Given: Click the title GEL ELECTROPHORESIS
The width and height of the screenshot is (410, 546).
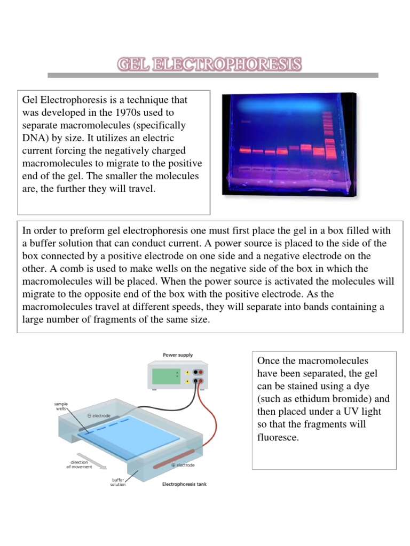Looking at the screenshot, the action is (x=209, y=65).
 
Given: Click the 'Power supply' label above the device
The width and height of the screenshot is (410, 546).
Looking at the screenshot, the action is (x=178, y=355).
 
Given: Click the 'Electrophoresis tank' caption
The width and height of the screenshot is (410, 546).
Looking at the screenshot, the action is (x=184, y=484).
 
